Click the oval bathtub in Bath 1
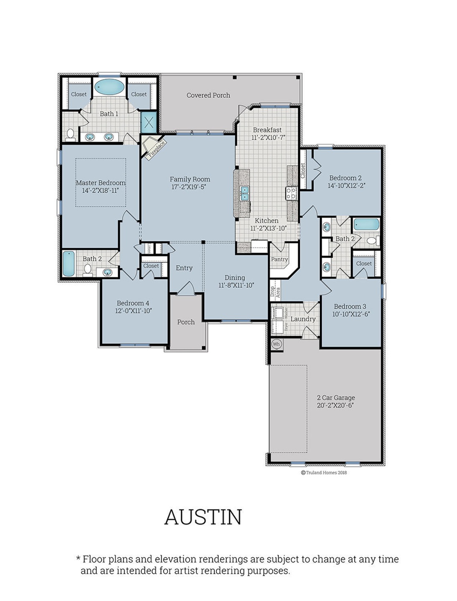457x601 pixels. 109,87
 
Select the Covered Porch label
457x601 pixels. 208,95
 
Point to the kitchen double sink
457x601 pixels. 244,193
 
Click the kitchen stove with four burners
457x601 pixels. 291,193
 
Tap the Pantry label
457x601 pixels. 279,259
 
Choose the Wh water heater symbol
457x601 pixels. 276,344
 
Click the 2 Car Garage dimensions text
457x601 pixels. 335,405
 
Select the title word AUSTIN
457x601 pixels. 203,517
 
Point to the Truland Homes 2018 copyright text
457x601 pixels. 324,473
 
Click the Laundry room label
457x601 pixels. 303,319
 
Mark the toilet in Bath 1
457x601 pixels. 70,134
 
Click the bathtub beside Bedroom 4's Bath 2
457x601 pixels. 69,264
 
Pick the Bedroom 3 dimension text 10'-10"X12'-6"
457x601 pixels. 351,314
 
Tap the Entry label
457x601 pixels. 184,268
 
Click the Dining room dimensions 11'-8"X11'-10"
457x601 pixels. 236,285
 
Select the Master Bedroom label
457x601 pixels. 100,183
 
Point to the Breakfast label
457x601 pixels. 267,130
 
